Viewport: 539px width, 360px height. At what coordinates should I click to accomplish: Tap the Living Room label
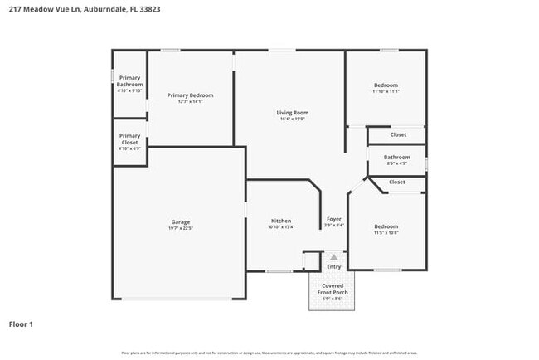pos(292,112)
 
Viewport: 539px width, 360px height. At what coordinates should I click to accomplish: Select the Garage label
pos(181,221)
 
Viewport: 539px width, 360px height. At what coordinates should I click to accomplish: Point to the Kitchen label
pos(281,221)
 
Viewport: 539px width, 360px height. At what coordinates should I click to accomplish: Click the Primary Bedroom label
pos(191,95)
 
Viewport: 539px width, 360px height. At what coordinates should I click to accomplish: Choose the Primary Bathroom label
pos(129,81)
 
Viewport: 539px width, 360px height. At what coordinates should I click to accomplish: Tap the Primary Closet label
pos(129,139)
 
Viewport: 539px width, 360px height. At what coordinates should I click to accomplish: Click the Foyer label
pos(333,219)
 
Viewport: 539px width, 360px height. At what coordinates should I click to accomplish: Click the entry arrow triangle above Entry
pos(333,258)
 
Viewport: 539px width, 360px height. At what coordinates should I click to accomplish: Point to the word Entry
pos(333,266)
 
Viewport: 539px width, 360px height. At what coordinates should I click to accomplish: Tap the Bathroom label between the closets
pos(396,157)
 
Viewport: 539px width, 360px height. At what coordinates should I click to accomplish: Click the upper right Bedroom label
pos(386,85)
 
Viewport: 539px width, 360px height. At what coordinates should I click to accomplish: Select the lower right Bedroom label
pos(386,226)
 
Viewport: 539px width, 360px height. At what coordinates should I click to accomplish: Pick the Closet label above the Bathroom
pos(397,134)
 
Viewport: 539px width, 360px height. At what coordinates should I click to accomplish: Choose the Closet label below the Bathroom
pos(397,182)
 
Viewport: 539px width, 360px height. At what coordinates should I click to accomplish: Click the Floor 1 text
pos(22,324)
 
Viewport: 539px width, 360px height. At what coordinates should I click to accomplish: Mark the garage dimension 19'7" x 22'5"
pos(181,228)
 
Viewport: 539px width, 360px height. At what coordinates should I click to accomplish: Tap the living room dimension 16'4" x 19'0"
pos(292,119)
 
